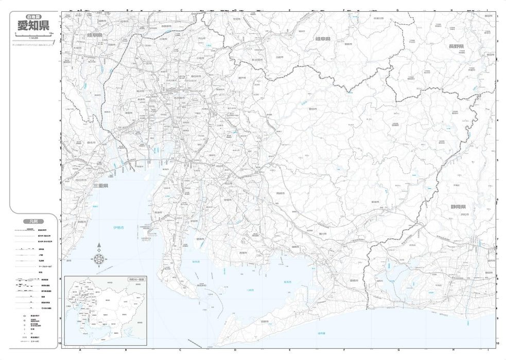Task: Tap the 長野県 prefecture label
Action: (456, 46)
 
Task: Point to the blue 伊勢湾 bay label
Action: (119, 227)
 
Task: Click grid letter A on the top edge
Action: (81, 10)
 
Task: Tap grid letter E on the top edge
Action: (289, 10)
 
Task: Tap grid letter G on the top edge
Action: (397, 10)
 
